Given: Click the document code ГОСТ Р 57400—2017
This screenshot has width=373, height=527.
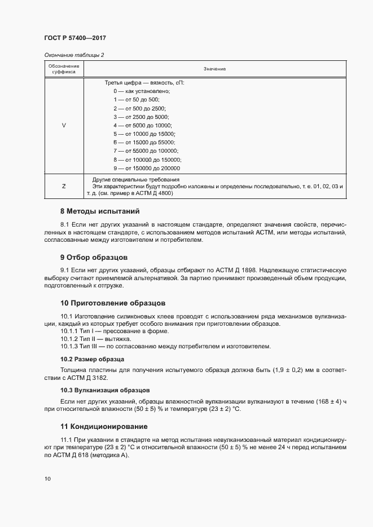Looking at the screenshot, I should tap(74, 38).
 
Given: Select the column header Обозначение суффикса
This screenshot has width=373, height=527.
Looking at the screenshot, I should tap(63, 69).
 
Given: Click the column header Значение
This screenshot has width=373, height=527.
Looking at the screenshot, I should tap(214, 69).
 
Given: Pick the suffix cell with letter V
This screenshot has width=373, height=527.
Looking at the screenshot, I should tap(63, 125).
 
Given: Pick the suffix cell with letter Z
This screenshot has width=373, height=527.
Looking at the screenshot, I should tap(63, 185).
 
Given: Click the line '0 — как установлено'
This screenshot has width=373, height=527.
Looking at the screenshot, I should tap(142, 91).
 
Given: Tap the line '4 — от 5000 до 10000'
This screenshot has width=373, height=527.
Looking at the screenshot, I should tap(143, 125).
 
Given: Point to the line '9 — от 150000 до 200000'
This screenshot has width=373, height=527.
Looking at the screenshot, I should tap(147, 168).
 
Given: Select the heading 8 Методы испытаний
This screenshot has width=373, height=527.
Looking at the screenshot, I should tap(99, 212).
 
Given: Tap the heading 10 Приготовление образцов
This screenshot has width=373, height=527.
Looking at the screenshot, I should tap(113, 303).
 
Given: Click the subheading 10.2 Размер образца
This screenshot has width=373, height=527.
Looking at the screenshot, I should tap(92, 359).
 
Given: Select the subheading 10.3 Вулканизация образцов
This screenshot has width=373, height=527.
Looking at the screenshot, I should tap(105, 390).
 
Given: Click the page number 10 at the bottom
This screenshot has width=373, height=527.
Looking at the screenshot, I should tap(47, 479).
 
